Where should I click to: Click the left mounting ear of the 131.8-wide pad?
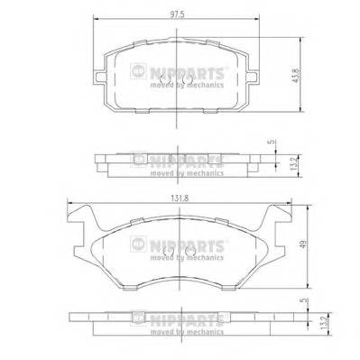pyautogui.click(x=78, y=217)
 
